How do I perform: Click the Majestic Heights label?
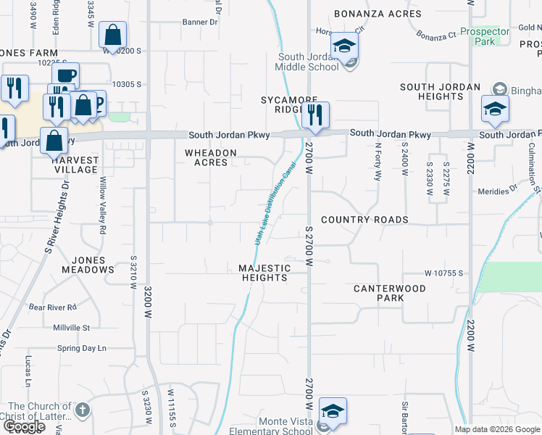264,273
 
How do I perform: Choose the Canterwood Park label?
389,293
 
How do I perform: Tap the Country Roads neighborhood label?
364,220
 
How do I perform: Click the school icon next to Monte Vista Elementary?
332,412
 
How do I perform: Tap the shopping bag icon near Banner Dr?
112,35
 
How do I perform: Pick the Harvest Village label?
75,165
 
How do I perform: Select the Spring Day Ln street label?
81,348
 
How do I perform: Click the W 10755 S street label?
443,273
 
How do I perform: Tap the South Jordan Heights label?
440,91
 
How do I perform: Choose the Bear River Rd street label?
53,307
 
